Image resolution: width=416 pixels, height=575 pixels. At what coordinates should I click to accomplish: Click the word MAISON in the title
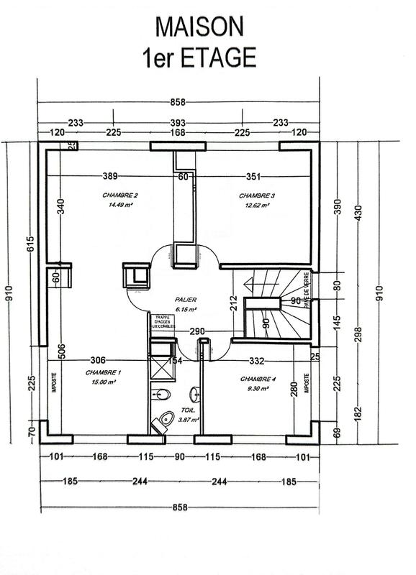[200, 27]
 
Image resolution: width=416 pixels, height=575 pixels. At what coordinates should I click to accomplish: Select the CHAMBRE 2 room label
[119, 195]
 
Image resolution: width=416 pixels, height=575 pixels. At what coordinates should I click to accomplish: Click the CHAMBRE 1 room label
[103, 372]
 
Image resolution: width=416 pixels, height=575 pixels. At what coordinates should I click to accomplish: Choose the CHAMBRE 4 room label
[258, 379]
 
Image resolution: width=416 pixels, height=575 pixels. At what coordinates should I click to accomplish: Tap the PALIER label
[185, 299]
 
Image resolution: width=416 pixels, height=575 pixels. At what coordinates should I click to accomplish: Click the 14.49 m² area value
[119, 205]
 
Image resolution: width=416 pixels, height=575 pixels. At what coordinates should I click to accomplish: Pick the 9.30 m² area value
[256, 388]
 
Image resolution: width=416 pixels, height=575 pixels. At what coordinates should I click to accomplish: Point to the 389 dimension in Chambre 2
[109, 176]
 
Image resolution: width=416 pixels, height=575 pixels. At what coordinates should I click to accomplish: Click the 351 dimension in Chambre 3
[255, 176]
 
